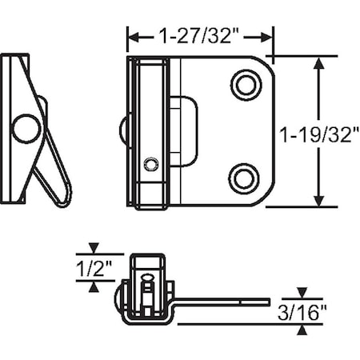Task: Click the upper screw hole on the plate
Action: [x=245, y=84]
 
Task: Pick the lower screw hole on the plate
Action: [x=244, y=178]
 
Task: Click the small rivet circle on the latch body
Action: [x=150, y=164]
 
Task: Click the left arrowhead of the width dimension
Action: [x=133, y=37]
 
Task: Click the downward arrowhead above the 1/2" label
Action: [x=94, y=249]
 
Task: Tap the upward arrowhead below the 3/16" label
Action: [x=302, y=330]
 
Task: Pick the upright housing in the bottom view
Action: [x=147, y=284]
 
